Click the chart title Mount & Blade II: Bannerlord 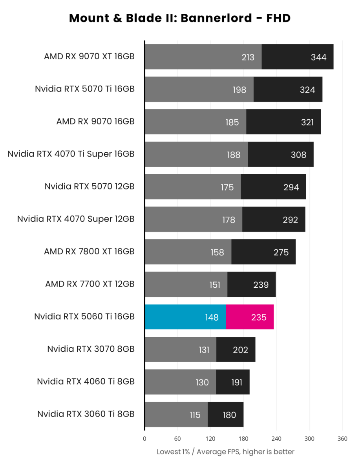point(180,18)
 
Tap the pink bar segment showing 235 point(250,317)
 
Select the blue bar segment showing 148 point(185,317)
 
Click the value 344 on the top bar point(318,57)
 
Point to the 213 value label point(248,57)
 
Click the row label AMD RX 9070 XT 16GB point(89,56)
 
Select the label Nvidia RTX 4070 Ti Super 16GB point(71,154)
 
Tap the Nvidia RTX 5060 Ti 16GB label point(84,316)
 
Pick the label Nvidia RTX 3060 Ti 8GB point(86,414)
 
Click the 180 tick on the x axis point(243,439)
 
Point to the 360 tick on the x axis point(342,439)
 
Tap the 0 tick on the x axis point(144,439)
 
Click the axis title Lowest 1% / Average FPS point(225,452)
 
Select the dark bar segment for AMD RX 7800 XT point(263,252)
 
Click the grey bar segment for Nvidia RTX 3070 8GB point(180,349)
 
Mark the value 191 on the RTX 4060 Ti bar point(236,382)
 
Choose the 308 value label point(298,155)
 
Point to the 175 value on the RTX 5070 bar point(227,188)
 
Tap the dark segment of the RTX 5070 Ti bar point(288,89)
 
